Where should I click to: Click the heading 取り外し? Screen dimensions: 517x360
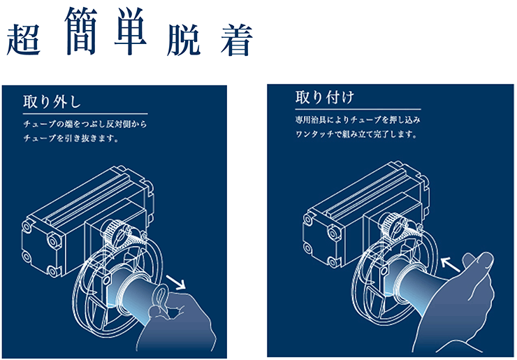click(x=52, y=101)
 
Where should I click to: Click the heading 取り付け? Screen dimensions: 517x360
click(x=324, y=97)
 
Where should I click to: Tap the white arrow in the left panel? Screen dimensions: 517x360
click(x=176, y=282)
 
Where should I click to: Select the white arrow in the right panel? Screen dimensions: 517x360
click(x=451, y=265)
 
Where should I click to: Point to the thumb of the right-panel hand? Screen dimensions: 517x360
click(x=478, y=261)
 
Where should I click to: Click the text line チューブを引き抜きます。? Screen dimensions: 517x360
click(x=71, y=138)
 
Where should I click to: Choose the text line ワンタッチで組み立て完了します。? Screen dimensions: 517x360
click(x=356, y=134)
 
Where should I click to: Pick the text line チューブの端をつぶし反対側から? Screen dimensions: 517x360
click(x=85, y=124)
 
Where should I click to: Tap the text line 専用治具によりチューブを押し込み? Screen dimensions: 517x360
click(x=358, y=120)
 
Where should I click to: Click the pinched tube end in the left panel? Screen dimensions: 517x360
click(x=160, y=297)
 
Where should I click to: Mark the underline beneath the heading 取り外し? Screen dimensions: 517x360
click(x=85, y=114)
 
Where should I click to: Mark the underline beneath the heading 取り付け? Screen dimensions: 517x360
click(x=358, y=109)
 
